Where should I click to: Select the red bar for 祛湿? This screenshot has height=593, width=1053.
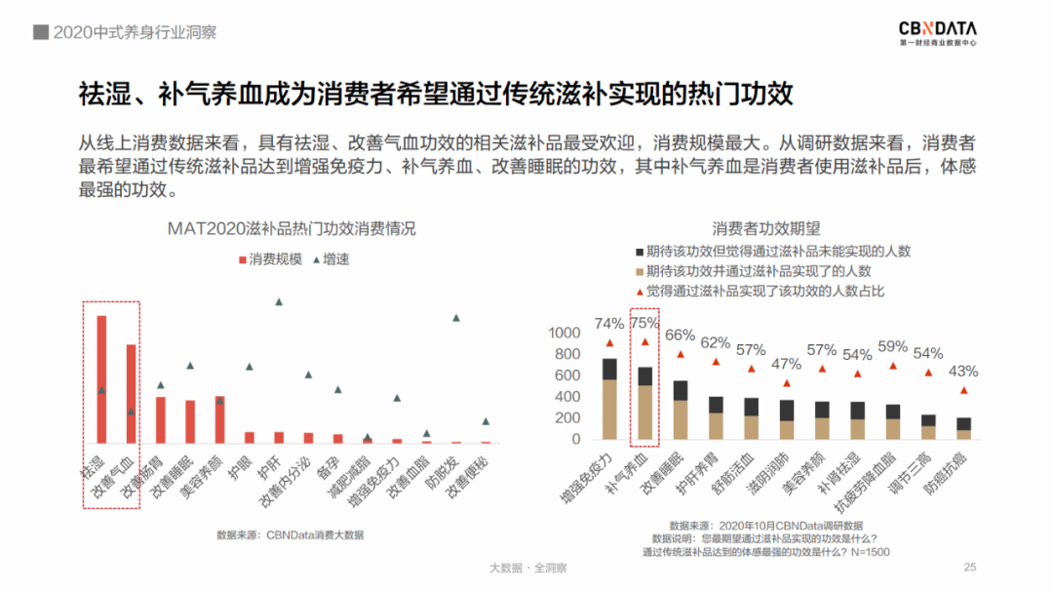pyautogui.click(x=101, y=379)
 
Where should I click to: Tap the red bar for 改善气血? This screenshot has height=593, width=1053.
pyautogui.click(x=131, y=394)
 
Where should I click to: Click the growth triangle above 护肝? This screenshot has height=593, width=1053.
pyautogui.click(x=279, y=302)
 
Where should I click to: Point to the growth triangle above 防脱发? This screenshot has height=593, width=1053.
pyautogui.click(x=455, y=318)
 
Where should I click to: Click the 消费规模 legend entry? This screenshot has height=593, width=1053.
pyautogui.click(x=271, y=259)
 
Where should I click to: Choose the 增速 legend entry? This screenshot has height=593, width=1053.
pyautogui.click(x=331, y=259)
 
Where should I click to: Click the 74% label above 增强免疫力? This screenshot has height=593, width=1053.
pyautogui.click(x=609, y=324)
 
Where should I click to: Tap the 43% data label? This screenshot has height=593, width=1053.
pyautogui.click(x=963, y=371)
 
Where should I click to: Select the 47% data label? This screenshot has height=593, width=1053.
pyautogui.click(x=786, y=364)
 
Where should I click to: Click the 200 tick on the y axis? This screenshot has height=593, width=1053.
pyautogui.click(x=567, y=418)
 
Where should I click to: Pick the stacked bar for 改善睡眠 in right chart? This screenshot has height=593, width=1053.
pyautogui.click(x=681, y=410)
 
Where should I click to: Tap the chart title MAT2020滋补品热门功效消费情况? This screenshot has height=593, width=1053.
pyautogui.click(x=292, y=229)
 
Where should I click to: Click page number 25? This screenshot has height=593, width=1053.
pyautogui.click(x=969, y=568)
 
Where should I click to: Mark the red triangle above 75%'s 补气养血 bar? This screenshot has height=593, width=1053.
pyautogui.click(x=644, y=342)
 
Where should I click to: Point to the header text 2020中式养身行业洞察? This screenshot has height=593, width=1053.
pyautogui.click(x=135, y=32)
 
